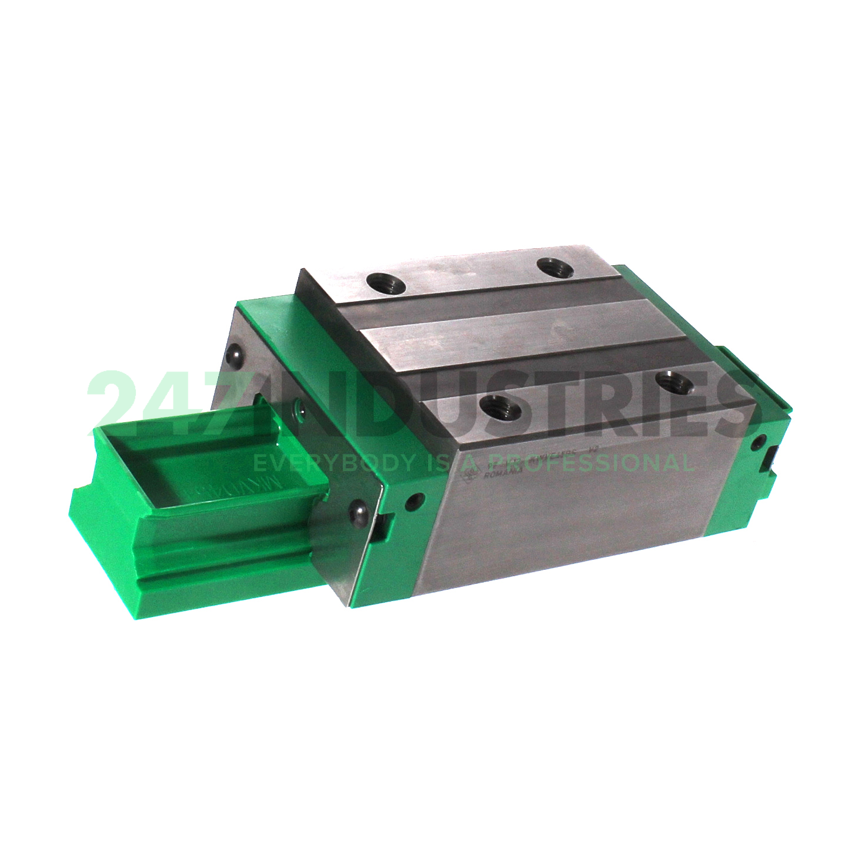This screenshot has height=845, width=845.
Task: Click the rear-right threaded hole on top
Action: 555,268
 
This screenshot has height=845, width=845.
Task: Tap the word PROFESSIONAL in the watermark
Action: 606,463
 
